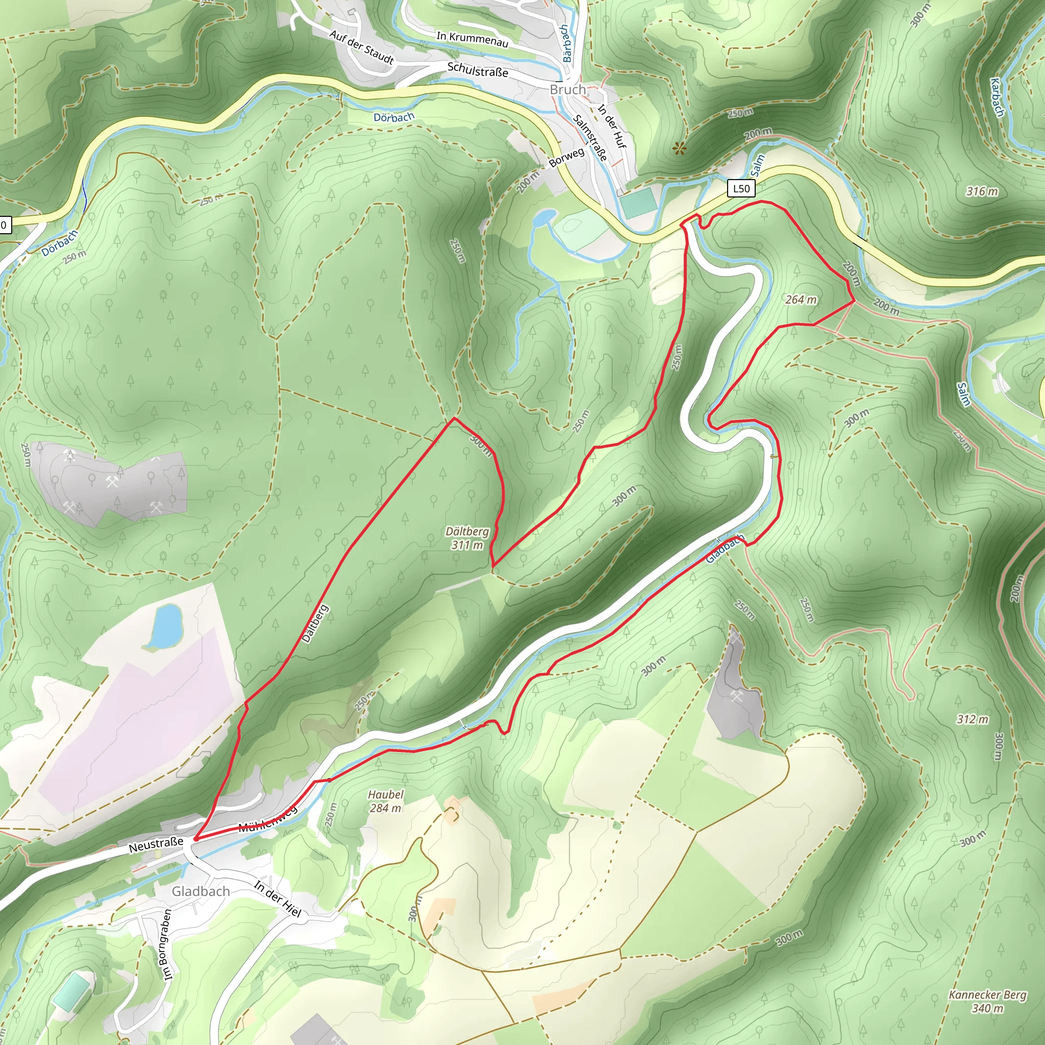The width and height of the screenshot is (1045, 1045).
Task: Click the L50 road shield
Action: click(x=741, y=188)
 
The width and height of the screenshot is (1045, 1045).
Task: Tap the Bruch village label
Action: click(x=567, y=90)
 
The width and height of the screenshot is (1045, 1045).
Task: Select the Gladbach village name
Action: click(x=201, y=891)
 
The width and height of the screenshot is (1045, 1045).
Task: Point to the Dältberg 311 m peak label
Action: click(x=467, y=538)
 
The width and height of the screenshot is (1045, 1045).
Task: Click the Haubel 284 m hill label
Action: click(x=385, y=801)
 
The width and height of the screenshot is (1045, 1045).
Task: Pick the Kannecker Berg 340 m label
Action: click(x=987, y=1001)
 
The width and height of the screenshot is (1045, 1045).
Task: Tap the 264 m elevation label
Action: click(x=801, y=300)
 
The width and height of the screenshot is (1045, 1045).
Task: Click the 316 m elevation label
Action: click(x=982, y=191)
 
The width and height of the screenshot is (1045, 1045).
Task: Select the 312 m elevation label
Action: click(x=972, y=719)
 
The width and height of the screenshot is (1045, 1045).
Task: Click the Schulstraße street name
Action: click(x=478, y=70)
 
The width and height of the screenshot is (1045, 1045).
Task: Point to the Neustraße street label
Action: click(x=156, y=845)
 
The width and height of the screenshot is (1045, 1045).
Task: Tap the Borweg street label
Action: click(x=566, y=157)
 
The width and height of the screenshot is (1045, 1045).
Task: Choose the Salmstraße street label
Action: click(x=590, y=137)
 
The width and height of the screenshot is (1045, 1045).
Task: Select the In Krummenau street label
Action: click(x=472, y=39)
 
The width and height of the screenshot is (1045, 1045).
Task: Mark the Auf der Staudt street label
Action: click(x=361, y=47)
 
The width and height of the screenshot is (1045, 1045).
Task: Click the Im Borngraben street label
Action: click(x=164, y=944)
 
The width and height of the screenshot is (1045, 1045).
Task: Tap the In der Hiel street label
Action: click(x=278, y=899)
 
